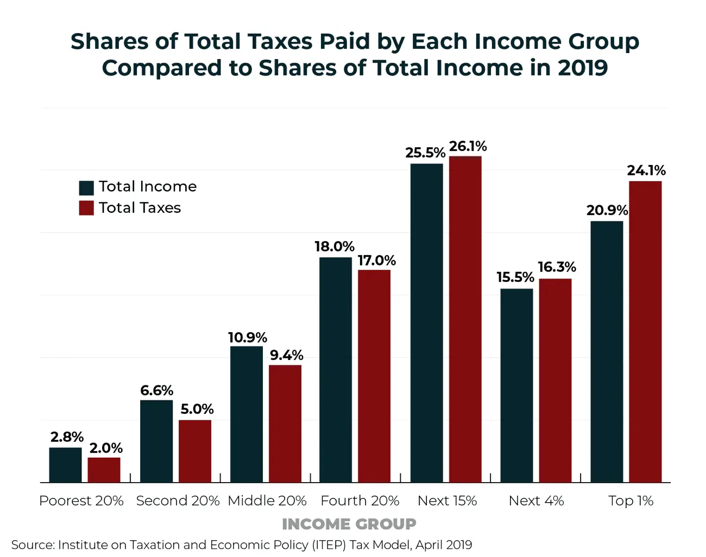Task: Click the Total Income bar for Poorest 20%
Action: point(65,465)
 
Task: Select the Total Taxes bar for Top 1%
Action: point(645,332)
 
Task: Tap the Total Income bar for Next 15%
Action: point(426,323)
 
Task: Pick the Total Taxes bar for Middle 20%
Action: point(285,423)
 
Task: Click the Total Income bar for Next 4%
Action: point(516,385)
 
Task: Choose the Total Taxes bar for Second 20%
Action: point(195,451)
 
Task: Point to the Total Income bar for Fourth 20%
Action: point(336,370)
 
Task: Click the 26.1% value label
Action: point(468,147)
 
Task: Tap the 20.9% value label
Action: point(607,211)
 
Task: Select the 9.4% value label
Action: point(286,356)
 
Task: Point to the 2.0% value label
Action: point(106,448)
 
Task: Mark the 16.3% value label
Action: point(557,267)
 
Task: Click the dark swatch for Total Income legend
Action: point(86,187)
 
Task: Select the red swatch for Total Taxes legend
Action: point(86,208)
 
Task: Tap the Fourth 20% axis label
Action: point(360,501)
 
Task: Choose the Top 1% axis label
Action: point(631,501)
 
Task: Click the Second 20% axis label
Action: point(178,501)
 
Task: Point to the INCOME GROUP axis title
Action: point(349,524)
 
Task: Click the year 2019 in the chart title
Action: point(582,68)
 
